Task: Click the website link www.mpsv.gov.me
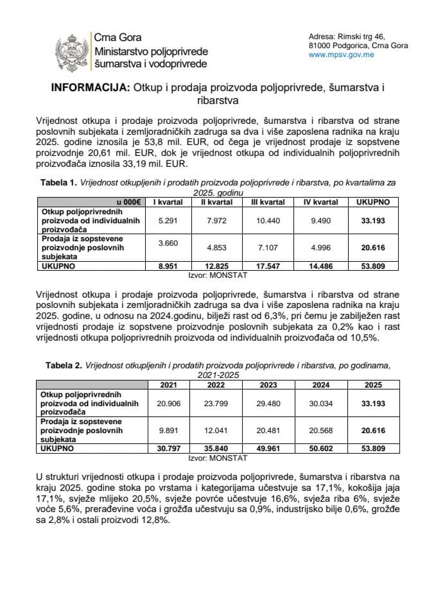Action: click(x=342, y=55)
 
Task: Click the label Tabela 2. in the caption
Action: click(x=64, y=365)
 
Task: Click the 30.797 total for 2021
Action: click(x=164, y=450)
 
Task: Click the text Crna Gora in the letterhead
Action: click(x=118, y=38)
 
